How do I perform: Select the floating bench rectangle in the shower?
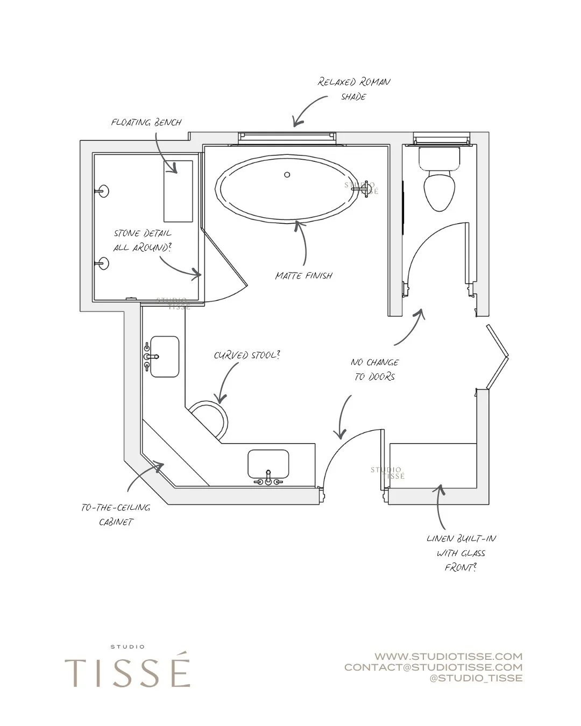click(x=178, y=191)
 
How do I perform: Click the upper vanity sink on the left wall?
click(x=164, y=357)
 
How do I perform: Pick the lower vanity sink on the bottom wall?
click(x=268, y=464)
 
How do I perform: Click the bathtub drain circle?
click(x=287, y=174)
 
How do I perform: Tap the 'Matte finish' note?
click(x=303, y=275)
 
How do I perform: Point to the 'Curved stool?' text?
click(x=247, y=355)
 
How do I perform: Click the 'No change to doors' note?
click(x=374, y=369)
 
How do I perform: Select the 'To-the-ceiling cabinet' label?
click(x=116, y=515)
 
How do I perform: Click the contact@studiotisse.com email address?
click(x=433, y=667)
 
